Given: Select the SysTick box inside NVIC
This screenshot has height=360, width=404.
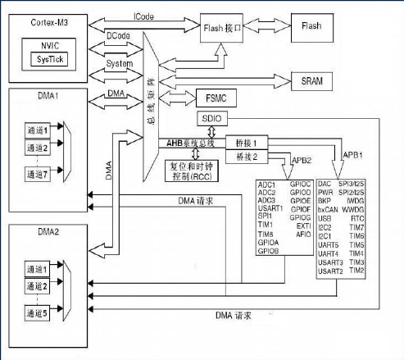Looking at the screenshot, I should [50, 60].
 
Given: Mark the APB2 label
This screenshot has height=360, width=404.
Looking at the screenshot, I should [302, 160].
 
